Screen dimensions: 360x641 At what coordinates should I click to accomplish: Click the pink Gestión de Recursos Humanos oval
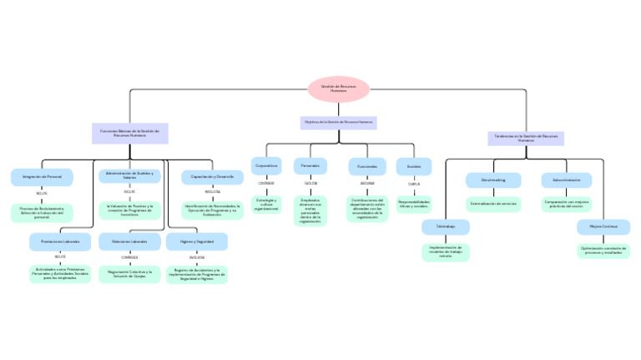pos(338,89)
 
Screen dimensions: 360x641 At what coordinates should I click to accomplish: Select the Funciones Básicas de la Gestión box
pos(129,133)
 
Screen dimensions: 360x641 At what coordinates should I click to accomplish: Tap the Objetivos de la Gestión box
pos(338,122)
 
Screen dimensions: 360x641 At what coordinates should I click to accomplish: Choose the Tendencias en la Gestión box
pos(526,138)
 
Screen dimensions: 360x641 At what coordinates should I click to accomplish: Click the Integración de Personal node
pos(42,177)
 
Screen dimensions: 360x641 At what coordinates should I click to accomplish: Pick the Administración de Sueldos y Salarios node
pos(129,175)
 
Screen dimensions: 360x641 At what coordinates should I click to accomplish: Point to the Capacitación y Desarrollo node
pos(212,177)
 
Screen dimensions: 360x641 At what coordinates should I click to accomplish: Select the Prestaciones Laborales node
pos(59,241)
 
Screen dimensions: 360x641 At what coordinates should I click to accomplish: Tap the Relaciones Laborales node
pos(129,241)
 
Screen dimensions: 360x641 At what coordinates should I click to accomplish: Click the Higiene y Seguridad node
pos(196,241)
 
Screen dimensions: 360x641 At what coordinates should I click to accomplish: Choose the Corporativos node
pos(266,166)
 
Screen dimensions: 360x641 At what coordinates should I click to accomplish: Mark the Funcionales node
pos(367,166)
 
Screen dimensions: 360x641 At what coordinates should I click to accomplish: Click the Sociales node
pos(414,166)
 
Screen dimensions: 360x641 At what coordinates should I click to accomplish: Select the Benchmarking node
pos(493,180)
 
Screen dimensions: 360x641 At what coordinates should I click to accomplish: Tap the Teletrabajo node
pos(446,226)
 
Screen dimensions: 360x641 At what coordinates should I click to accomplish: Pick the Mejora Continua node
pos(603,226)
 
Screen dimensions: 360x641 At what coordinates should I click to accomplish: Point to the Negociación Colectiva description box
pos(129,273)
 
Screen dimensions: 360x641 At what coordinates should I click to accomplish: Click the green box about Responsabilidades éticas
pos(414,203)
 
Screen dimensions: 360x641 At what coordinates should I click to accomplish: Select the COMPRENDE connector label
pos(129,257)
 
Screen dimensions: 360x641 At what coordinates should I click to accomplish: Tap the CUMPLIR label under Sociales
pos(414,184)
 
